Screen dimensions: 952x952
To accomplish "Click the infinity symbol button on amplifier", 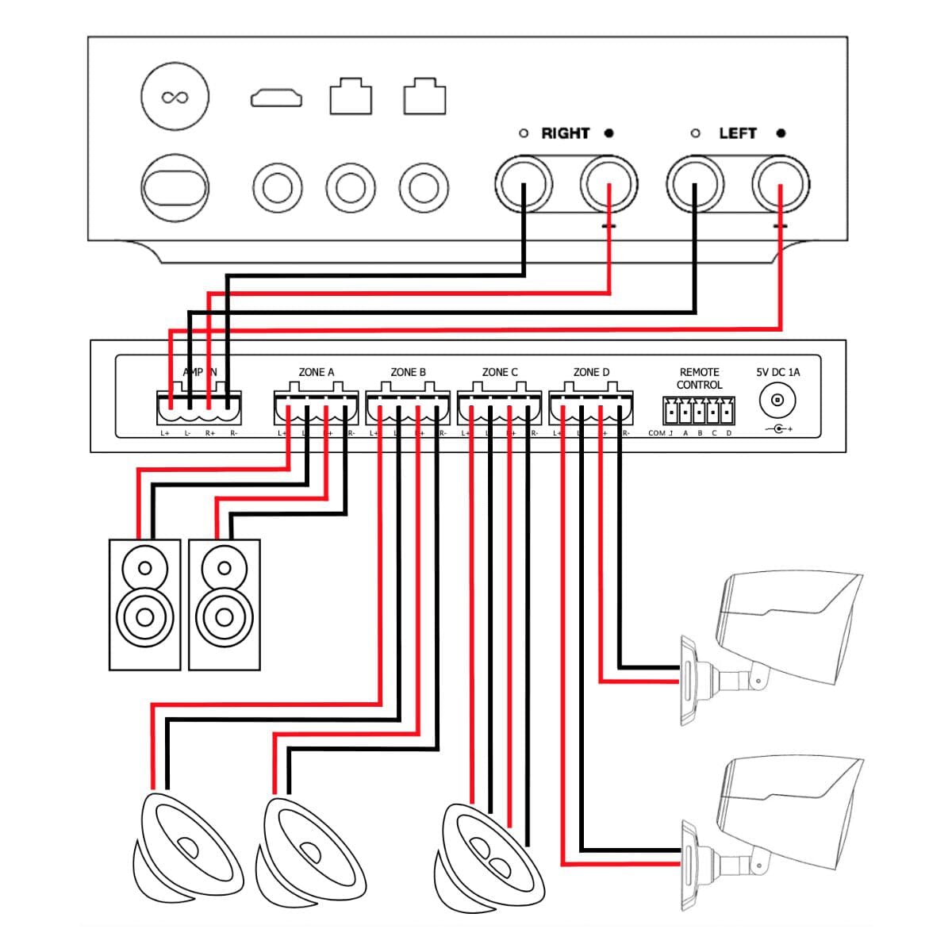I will [x=175, y=98].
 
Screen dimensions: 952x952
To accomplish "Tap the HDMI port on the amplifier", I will [x=276, y=99].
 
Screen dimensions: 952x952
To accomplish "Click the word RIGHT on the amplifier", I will [x=565, y=133].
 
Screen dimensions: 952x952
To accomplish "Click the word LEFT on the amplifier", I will [x=737, y=133].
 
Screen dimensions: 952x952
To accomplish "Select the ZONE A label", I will [x=316, y=371].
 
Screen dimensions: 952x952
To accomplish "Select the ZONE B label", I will [x=408, y=371].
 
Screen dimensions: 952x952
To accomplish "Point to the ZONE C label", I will [x=500, y=371].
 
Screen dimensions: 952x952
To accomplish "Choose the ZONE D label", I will [x=591, y=371].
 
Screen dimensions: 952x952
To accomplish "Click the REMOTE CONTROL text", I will [x=699, y=378].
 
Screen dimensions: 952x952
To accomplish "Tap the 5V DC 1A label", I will [x=777, y=371].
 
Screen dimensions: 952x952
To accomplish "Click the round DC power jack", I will [x=777, y=401].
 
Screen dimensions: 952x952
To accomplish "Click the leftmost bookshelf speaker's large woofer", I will [x=144, y=615].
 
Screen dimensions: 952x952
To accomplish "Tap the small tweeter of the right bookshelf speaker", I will [x=224, y=568].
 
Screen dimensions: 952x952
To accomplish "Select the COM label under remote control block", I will [x=657, y=433].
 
